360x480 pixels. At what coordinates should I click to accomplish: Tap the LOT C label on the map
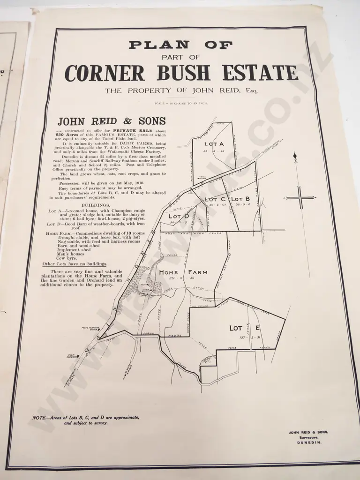click(x=215, y=199)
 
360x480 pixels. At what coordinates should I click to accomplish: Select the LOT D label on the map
click(x=179, y=216)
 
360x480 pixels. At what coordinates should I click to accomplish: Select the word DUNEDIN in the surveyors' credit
click(x=308, y=442)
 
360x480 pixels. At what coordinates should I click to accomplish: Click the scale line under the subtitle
click(x=180, y=103)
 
